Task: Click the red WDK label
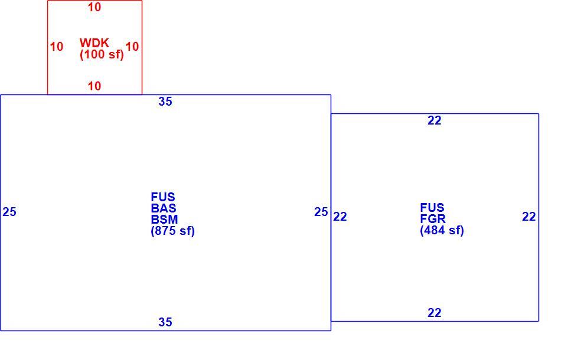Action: [94, 42]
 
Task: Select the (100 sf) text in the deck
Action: [102, 55]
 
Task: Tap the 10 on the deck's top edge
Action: [94, 7]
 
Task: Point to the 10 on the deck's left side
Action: [57, 47]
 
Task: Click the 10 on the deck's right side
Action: [132, 47]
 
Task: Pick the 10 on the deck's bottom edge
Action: [94, 86]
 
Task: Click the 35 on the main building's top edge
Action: [165, 102]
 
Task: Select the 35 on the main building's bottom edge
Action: [165, 322]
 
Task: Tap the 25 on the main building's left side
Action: [9, 212]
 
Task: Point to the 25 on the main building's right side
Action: [321, 212]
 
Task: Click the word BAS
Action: [164, 208]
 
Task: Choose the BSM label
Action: [165, 220]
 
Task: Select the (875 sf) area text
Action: [173, 231]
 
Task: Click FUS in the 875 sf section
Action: [163, 197]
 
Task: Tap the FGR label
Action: [433, 219]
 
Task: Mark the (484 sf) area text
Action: [442, 230]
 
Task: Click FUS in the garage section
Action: [432, 208]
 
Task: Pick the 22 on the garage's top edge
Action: [435, 120]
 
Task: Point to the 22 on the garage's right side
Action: [529, 217]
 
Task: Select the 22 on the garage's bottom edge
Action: [435, 313]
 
